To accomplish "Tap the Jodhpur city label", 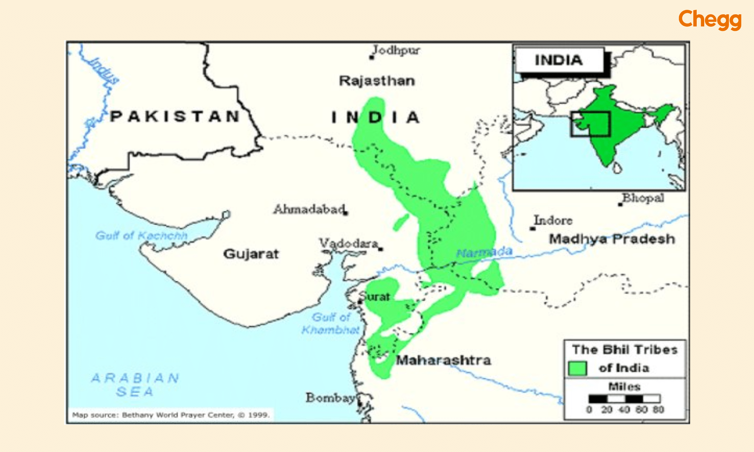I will pos(396,50).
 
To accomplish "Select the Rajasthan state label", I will pos(377,81).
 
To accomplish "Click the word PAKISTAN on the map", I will pos(175,116).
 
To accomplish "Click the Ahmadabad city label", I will pos(309,209).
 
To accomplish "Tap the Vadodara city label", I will pos(349,244).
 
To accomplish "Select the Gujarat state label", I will pos(251,254).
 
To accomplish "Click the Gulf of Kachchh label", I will pos(141,236).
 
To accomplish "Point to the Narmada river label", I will pos(484,252).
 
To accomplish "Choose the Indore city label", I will pos(553,220).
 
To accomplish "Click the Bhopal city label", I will pos(643,198).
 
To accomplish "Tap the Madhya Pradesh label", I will pos(611,239).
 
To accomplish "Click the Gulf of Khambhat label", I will pos(331,324).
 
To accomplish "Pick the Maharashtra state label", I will pos(443,360).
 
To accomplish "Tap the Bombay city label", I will pos(330,398).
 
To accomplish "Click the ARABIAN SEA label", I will pos(135,385).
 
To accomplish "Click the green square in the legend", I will pos(577,368).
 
